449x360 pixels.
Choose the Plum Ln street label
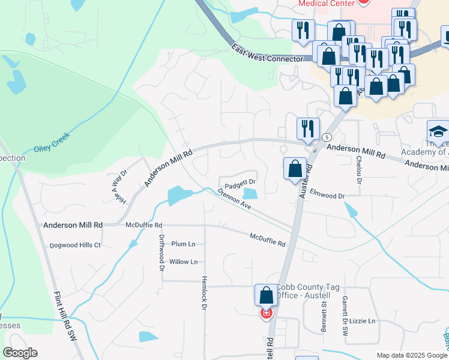[x=184, y=244]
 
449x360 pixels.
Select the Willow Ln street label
[x=183, y=262]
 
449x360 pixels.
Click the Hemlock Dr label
[x=203, y=296]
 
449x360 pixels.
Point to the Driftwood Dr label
[x=161, y=252]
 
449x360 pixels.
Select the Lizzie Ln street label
[x=363, y=321]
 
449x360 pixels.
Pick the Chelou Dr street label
[x=359, y=169]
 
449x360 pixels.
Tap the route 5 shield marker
[x=326, y=137]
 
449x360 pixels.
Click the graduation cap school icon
[x=438, y=133]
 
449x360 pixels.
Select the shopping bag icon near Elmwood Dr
[x=295, y=169]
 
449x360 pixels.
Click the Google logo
[x=20, y=353]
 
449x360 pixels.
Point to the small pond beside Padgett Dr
[x=250, y=193]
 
